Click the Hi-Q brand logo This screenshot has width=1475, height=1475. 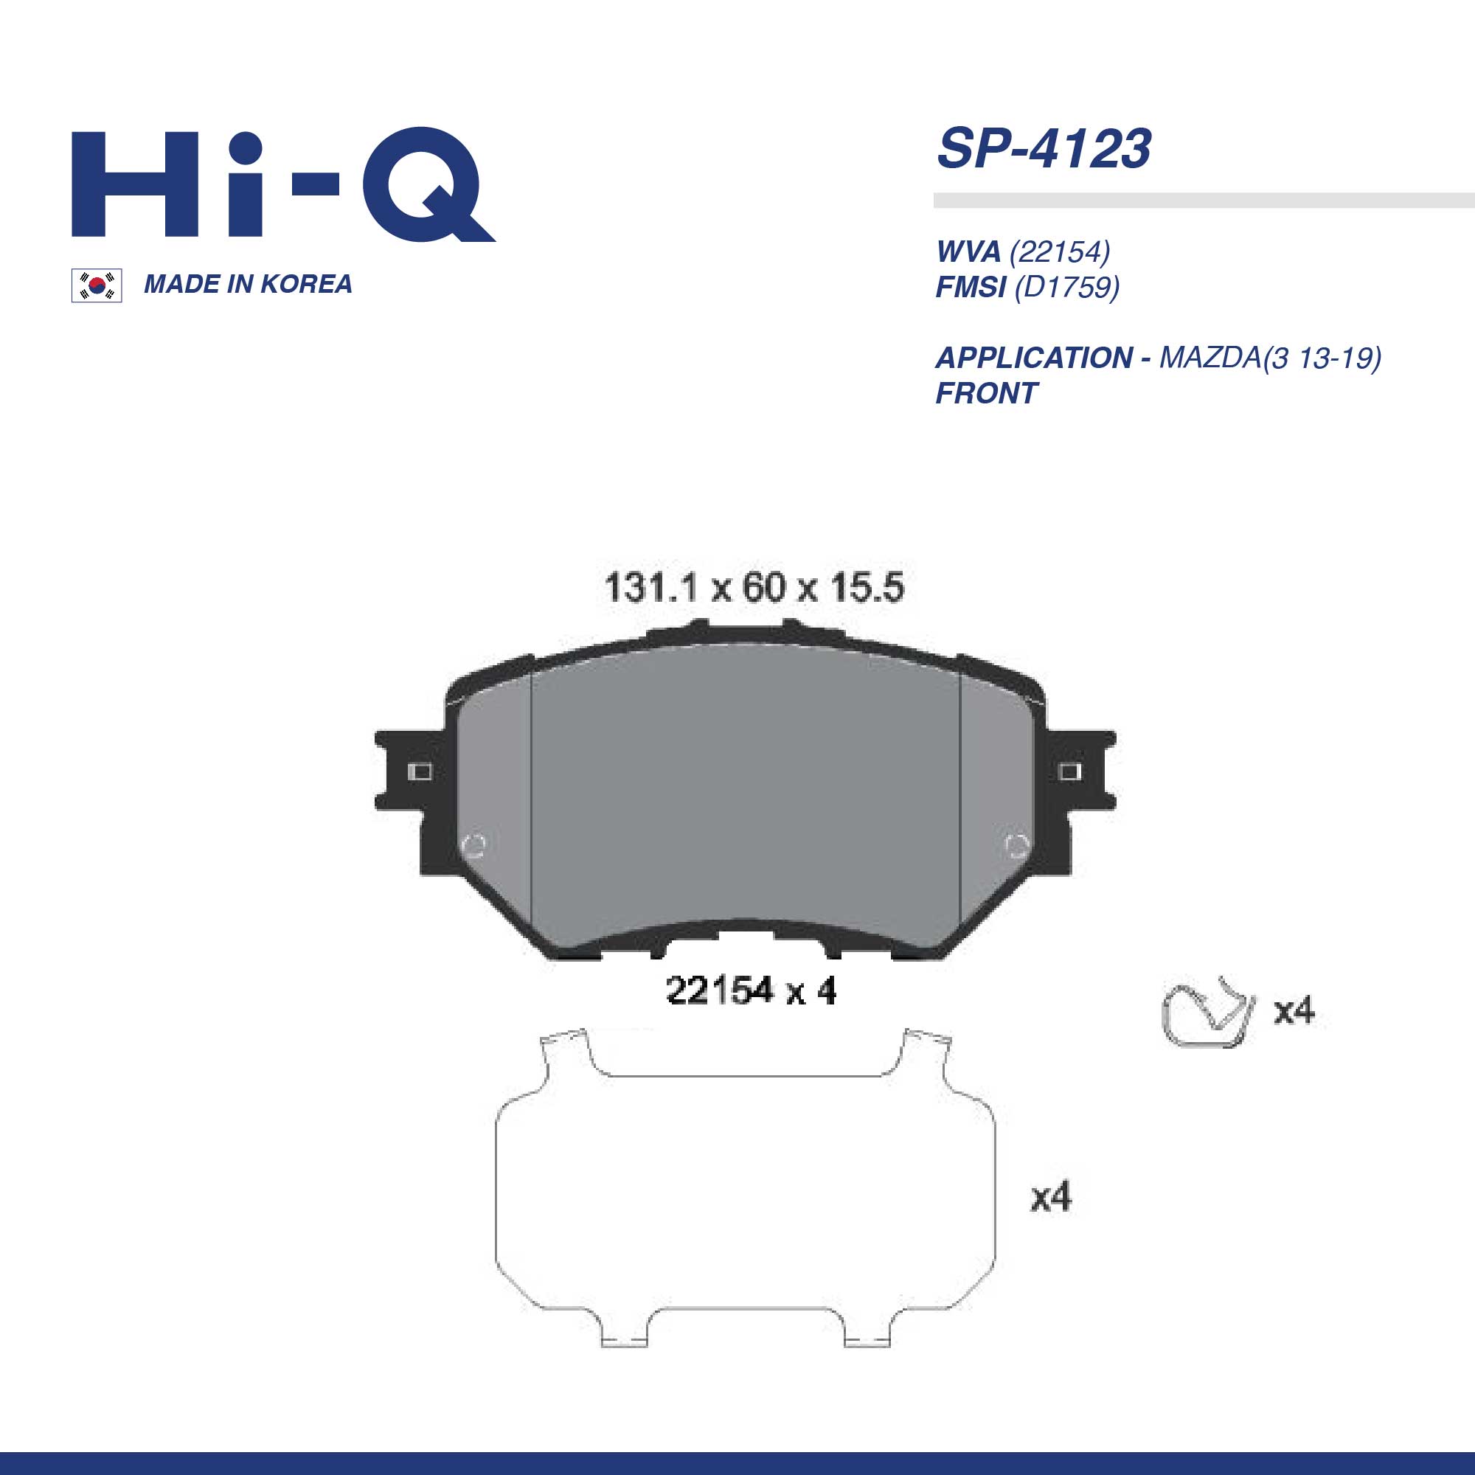tap(282, 186)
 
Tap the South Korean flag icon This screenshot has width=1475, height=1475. tap(97, 285)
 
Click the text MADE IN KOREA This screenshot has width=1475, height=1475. tap(248, 284)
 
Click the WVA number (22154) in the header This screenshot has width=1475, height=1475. tap(1059, 251)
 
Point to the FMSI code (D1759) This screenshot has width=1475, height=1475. tap(1066, 287)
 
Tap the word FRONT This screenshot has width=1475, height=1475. tap(985, 393)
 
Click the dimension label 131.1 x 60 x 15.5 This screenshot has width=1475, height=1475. tap(754, 588)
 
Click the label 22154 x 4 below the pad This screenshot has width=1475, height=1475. tap(751, 991)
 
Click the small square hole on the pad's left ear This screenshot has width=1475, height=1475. tap(420, 772)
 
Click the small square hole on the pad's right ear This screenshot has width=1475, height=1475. tap(1069, 773)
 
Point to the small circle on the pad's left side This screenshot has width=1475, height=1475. tap(474, 844)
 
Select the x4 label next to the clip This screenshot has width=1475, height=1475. tap(1294, 1011)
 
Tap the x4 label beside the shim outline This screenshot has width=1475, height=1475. tap(1050, 1196)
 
